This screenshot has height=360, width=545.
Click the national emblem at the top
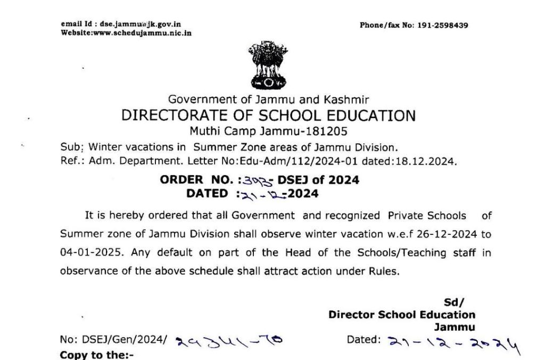coord(268,66)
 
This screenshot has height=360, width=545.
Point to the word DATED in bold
coord(207,193)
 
